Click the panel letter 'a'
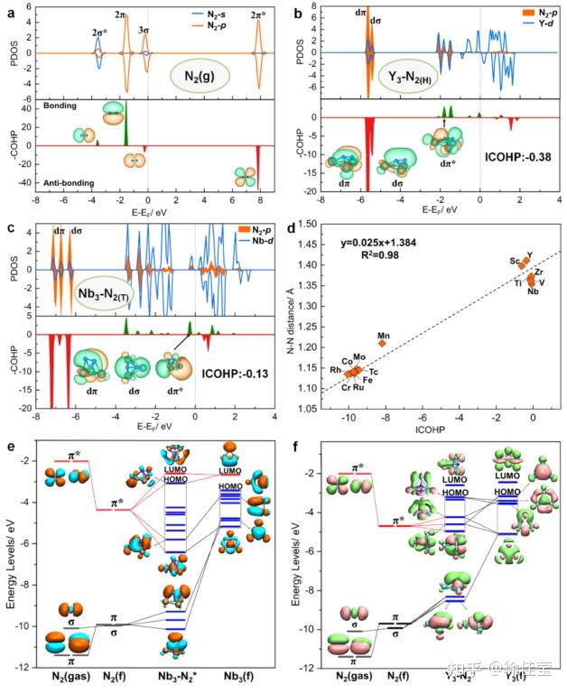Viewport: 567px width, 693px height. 10,11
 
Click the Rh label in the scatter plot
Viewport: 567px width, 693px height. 335,370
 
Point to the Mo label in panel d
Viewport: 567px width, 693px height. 359,358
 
